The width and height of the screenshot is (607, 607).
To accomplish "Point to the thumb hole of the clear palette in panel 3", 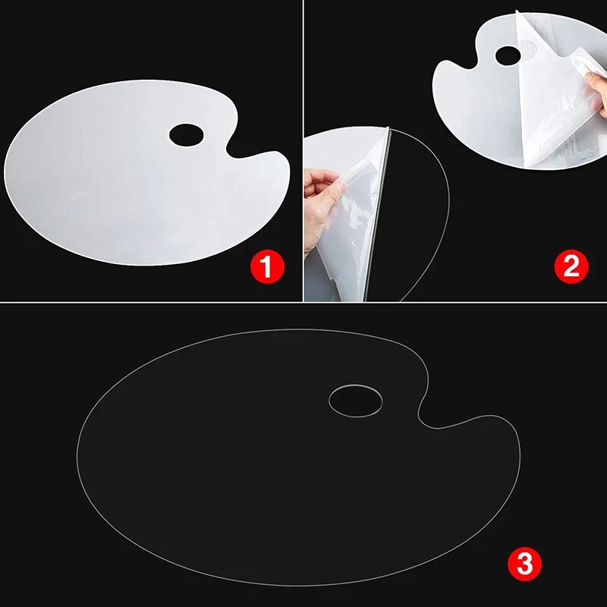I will tap(356, 401).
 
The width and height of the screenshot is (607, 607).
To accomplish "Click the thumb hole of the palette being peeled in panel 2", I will tap(514, 55).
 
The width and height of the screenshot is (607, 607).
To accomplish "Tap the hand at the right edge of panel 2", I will tap(596, 91).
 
